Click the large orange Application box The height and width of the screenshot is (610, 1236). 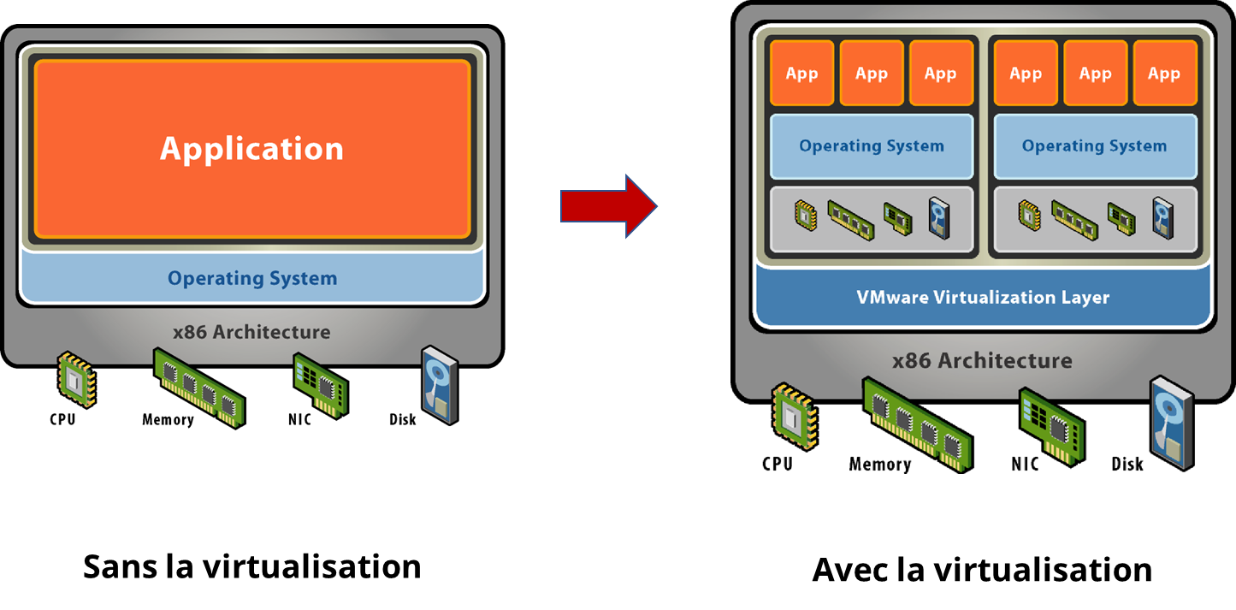click(252, 150)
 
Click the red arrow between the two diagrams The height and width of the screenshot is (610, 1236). click(608, 206)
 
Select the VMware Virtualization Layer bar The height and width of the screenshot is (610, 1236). click(983, 298)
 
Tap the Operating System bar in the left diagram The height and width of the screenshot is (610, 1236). click(252, 278)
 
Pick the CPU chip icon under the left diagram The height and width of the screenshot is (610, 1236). click(76, 379)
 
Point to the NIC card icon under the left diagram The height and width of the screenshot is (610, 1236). click(321, 384)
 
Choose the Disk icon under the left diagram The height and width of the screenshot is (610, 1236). click(441, 384)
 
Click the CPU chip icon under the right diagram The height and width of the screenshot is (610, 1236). click(795, 417)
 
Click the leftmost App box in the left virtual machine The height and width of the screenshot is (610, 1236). click(801, 74)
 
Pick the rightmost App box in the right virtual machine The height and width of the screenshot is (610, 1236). click(1164, 74)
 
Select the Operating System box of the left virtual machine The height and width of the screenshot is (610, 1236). click(872, 146)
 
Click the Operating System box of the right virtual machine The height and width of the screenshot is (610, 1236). click(1094, 146)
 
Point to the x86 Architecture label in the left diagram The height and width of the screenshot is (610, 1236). click(251, 332)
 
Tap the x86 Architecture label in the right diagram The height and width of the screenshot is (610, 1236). click(982, 360)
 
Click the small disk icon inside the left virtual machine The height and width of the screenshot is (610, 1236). click(938, 217)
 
